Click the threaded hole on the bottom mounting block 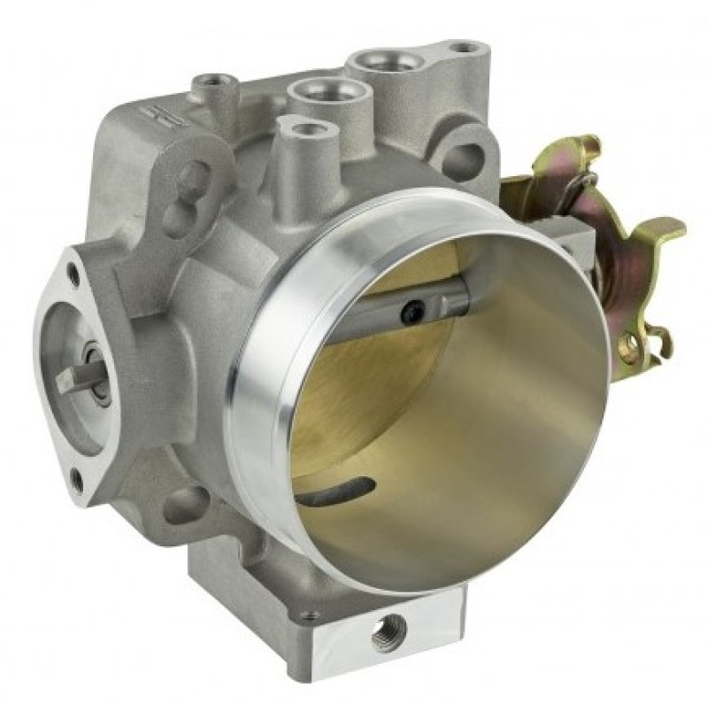click(388, 636)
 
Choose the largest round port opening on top click(386, 62)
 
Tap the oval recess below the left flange click(187, 505)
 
